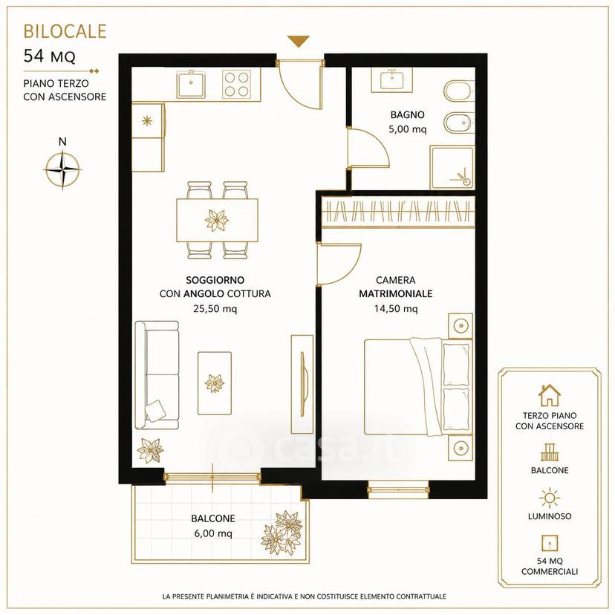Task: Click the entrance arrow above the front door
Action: pyautogui.click(x=298, y=41)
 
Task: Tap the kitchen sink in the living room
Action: pyautogui.click(x=191, y=84)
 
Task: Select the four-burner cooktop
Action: pyautogui.click(x=236, y=84)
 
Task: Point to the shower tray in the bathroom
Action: pyautogui.click(x=452, y=168)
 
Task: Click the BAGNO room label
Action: pyautogui.click(x=407, y=115)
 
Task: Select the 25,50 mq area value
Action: pyautogui.click(x=215, y=309)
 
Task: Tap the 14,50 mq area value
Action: pyautogui.click(x=396, y=309)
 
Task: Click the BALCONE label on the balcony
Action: pyautogui.click(x=213, y=518)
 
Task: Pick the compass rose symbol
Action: pyautogui.click(x=62, y=169)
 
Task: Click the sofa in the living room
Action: pyautogui.click(x=157, y=375)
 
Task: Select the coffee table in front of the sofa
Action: pyautogui.click(x=215, y=383)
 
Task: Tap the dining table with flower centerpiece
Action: pyautogui.click(x=217, y=220)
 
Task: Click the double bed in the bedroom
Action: pyautogui.click(x=417, y=387)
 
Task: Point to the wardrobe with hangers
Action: pyautogui.click(x=398, y=212)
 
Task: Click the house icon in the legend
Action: pyautogui.click(x=550, y=395)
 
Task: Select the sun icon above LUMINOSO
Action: pyautogui.click(x=550, y=498)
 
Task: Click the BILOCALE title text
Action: pyautogui.click(x=65, y=31)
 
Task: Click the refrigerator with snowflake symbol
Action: pyautogui.click(x=148, y=120)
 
